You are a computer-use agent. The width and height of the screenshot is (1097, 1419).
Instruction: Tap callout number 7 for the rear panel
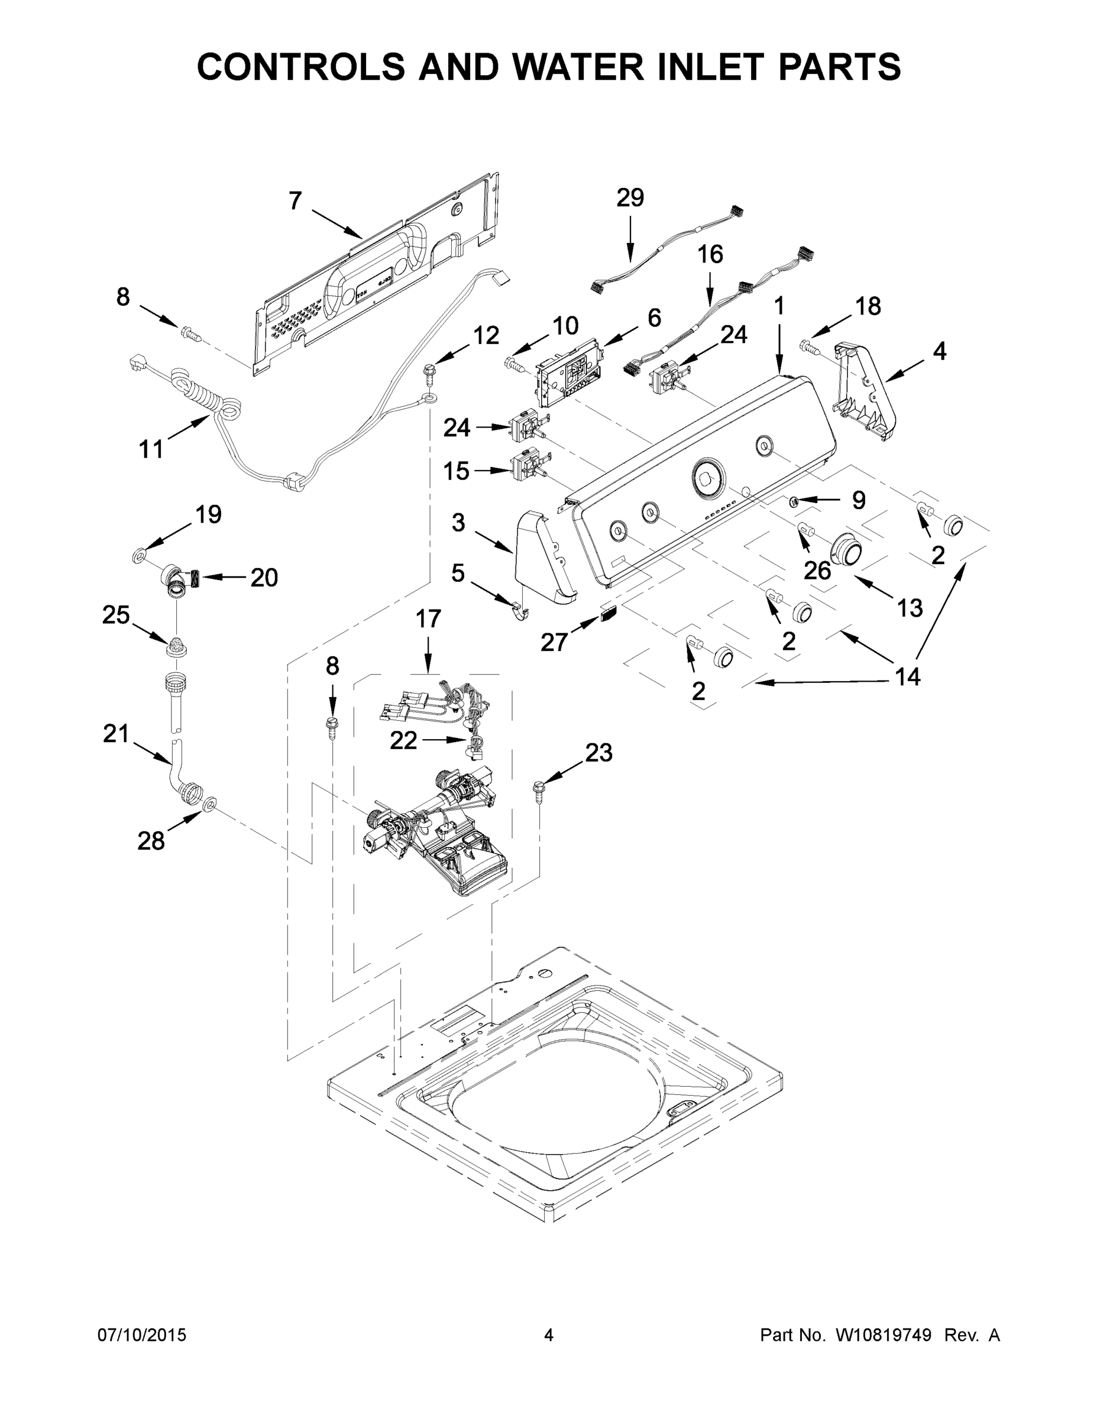tap(295, 201)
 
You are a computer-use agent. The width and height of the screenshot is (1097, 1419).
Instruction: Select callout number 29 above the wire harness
tap(630, 197)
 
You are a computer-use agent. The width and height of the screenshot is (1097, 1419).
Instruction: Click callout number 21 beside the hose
tap(117, 734)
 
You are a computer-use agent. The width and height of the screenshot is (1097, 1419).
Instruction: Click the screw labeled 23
tap(539, 791)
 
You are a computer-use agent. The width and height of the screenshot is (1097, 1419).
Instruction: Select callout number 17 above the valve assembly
tap(428, 618)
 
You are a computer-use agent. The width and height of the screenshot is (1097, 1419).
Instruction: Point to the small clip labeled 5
tap(518, 610)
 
